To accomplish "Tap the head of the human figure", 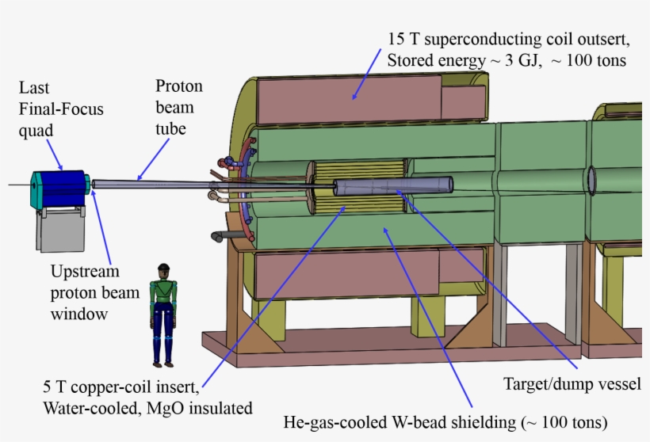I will (164, 270).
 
